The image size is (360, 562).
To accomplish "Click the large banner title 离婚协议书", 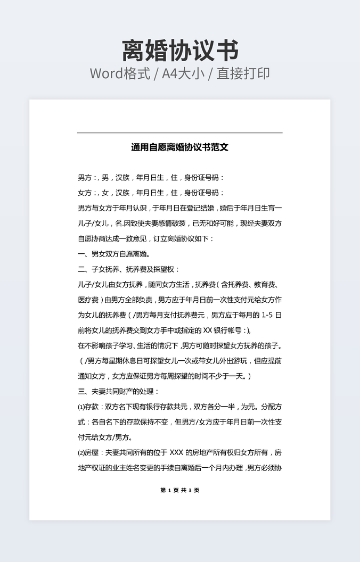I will tap(180, 51).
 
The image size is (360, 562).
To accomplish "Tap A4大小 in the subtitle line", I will tap(184, 73).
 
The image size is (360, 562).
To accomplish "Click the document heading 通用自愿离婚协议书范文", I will tap(179, 147).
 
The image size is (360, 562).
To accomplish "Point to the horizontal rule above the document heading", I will tap(179, 133).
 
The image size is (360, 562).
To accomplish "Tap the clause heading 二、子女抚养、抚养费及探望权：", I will tap(129, 269).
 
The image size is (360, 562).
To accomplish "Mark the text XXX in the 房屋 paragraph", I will tap(176, 453).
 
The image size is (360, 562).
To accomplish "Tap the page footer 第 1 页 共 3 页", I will tap(179, 490).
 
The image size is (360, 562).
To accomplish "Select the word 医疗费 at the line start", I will tap(88, 300).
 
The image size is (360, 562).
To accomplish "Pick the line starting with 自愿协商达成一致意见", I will tap(145, 238).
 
